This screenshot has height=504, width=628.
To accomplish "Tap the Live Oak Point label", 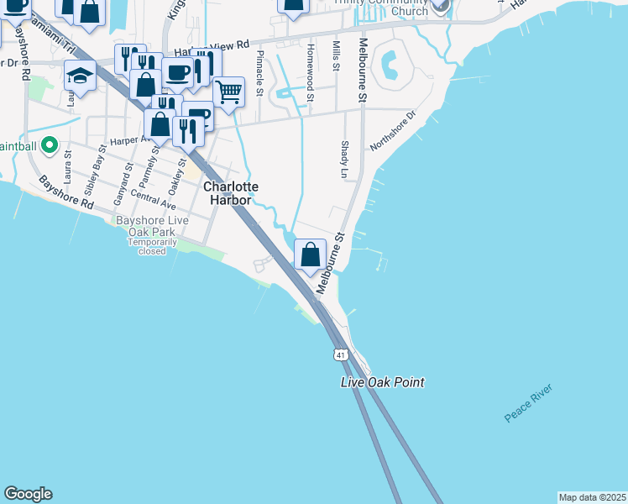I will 382,382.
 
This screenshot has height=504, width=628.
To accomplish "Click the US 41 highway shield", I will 340,354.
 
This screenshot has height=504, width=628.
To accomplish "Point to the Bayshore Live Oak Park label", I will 152,225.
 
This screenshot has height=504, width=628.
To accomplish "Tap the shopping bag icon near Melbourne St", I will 311,254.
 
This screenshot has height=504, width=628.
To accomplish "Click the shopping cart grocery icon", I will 228,92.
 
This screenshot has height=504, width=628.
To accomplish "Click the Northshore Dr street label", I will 393,132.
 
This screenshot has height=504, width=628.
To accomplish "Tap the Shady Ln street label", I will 344,159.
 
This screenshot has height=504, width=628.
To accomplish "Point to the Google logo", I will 28,494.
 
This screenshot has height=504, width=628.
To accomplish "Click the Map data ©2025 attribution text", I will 592,497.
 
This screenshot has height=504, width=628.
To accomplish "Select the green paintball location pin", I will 49,146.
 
